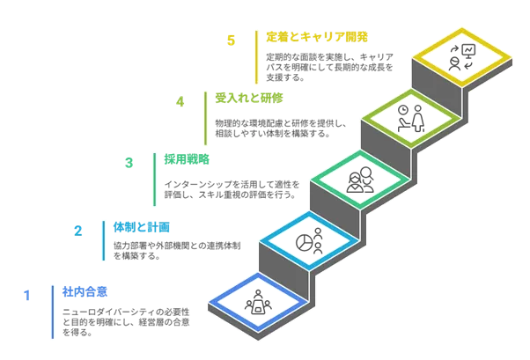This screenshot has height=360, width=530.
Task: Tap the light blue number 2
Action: pyautogui.click(x=79, y=231)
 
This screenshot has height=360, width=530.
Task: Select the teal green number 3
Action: pyautogui.click(x=129, y=162)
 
